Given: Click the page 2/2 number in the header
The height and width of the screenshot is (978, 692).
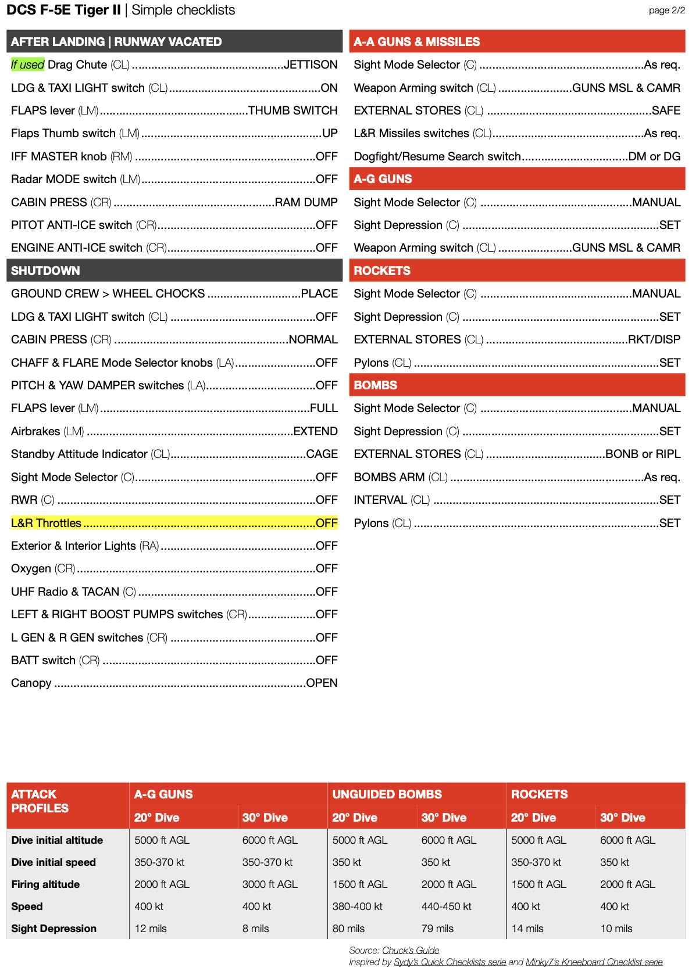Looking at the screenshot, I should pos(666,10).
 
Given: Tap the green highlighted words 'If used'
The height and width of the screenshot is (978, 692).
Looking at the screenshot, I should pos(27,65).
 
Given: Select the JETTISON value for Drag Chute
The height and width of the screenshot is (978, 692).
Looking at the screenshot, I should pos(311,65).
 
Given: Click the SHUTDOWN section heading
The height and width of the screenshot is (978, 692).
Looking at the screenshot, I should pos(45,271).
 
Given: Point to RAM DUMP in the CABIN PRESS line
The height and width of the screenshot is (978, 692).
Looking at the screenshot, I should pos(306,202).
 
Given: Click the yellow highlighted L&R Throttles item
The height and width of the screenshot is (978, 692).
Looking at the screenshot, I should pos(47,523).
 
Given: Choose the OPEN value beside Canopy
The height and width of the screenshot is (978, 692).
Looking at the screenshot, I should pos(322,683).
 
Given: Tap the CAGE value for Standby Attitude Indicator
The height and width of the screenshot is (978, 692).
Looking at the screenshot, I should pos(322,454).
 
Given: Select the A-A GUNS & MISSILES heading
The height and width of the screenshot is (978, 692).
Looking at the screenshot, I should pos(416,42).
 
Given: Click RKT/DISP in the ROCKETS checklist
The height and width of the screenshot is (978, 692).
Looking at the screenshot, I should pos(654,339).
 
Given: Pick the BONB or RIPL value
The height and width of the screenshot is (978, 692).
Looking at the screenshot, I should pos(643,454).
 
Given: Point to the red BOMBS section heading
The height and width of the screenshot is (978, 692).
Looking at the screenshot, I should pos(376,385).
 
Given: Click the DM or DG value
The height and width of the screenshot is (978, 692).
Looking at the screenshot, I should pos(654,156).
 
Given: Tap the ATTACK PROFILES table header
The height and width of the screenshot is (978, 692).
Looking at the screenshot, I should pos(40,801).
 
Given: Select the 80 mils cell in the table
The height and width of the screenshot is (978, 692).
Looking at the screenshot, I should pos(348,929).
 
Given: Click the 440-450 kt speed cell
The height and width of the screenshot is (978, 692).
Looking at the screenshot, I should pos(446,907).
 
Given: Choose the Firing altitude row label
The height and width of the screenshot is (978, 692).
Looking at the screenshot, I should pos(45,884).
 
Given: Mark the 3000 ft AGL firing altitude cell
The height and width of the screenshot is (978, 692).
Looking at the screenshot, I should pos(270,884).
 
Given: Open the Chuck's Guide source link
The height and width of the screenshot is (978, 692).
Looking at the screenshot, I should pos(411,950).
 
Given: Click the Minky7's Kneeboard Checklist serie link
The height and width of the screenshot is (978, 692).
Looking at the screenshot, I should pos(594,962).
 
